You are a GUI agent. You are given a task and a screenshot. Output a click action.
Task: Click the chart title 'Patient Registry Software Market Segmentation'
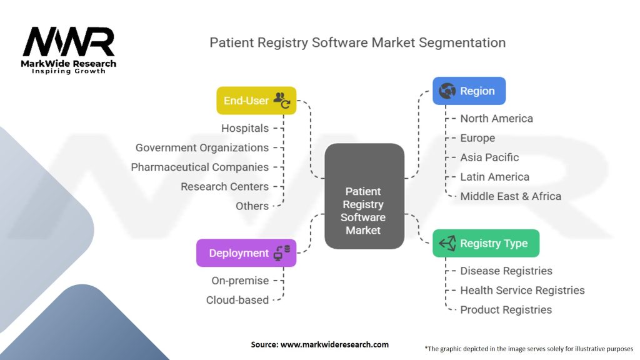click(357, 42)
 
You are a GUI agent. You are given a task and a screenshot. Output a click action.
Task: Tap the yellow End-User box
click(256, 101)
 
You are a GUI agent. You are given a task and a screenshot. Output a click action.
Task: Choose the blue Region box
click(469, 91)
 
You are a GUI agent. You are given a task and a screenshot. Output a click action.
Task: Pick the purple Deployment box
click(246, 253)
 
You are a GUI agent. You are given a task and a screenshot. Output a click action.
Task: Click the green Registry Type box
click(486, 244)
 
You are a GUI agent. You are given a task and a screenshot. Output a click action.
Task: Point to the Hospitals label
click(245, 128)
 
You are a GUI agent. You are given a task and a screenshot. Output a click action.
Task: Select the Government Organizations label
click(202, 147)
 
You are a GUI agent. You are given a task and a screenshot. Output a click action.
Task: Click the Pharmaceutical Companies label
click(199, 167)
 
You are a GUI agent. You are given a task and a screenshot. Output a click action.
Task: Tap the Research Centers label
click(224, 186)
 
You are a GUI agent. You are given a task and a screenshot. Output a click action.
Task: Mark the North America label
click(496, 118)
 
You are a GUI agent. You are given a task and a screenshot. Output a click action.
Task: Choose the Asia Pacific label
click(489, 157)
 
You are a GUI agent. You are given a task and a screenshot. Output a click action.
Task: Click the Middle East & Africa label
click(511, 196)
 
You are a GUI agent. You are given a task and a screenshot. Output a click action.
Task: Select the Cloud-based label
click(237, 300)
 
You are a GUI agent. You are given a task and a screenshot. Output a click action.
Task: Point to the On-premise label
click(240, 281)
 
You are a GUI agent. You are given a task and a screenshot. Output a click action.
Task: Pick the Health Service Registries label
click(522, 290)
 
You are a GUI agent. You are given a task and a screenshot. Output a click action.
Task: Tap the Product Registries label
click(506, 309)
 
